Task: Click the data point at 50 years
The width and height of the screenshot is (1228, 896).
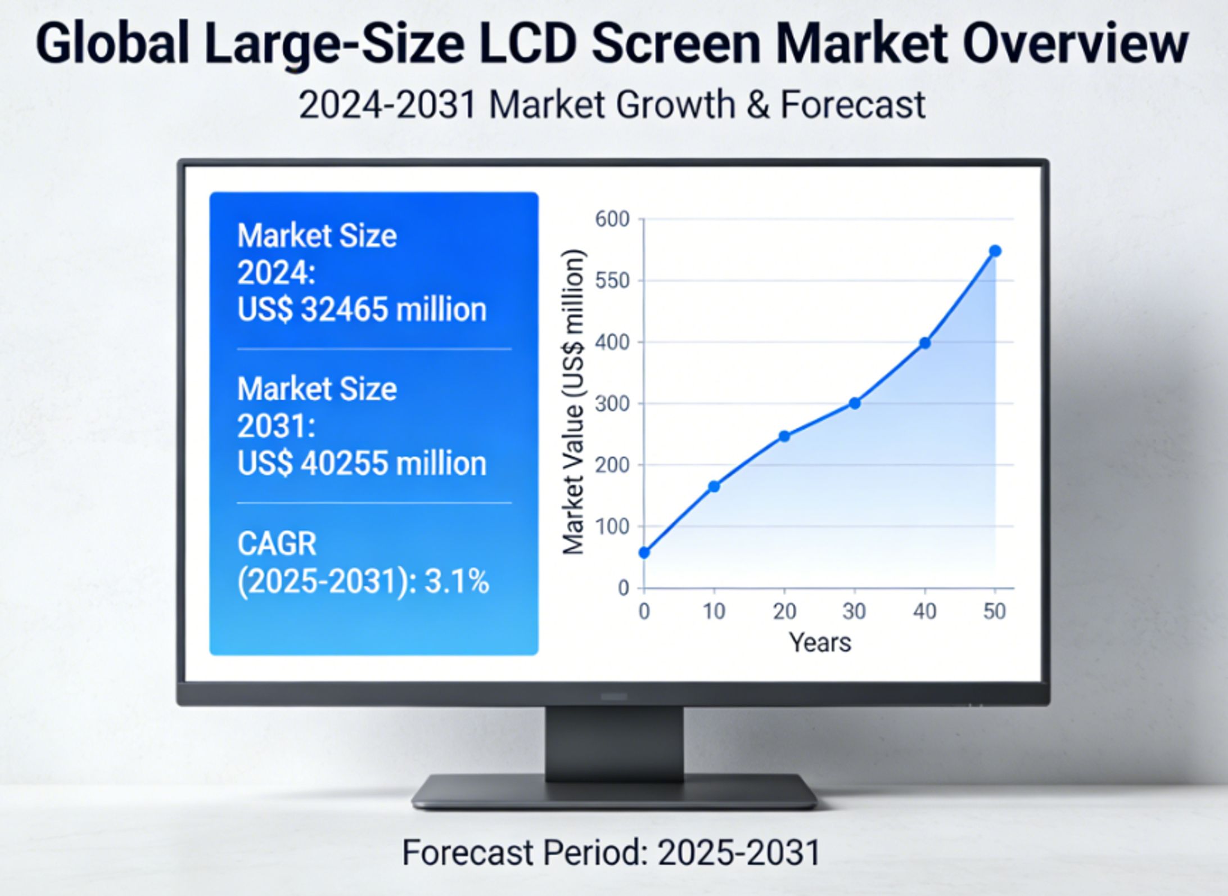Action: [x=995, y=251]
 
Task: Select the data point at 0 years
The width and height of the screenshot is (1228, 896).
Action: [x=644, y=552]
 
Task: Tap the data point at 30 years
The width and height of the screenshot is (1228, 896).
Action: [x=855, y=403]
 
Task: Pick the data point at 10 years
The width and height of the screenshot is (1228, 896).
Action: [x=714, y=487]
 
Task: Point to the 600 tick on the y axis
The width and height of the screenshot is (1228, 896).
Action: [x=612, y=219]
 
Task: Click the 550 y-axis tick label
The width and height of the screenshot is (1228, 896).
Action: [x=612, y=281]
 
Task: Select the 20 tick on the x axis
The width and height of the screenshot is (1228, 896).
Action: [x=784, y=611]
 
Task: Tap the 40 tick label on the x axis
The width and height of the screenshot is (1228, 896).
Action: [x=924, y=611]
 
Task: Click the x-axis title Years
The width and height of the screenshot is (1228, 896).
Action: [x=820, y=642]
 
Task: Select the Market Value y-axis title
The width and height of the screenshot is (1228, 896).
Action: [x=574, y=402]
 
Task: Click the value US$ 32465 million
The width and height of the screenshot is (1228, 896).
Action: [x=362, y=310]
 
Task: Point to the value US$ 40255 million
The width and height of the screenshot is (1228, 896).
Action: [x=362, y=464]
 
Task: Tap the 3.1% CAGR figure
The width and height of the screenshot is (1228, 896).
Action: [x=457, y=582]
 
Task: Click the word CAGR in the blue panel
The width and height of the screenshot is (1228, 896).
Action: [x=277, y=544]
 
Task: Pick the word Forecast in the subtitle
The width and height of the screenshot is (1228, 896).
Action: [x=852, y=105]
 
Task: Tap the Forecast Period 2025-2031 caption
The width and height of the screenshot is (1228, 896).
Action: [x=611, y=853]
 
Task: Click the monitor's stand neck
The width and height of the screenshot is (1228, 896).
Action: [x=614, y=742]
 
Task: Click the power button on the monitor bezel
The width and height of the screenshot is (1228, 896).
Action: [x=614, y=697]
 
